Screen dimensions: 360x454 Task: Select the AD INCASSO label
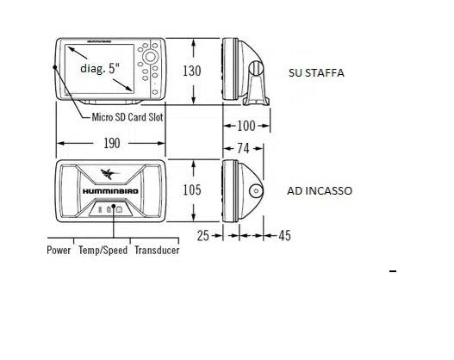318,190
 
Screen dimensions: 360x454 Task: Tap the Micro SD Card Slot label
127,115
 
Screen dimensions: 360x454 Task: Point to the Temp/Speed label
103,251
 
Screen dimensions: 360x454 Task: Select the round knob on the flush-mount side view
256,191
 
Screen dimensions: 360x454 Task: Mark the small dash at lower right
394,272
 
